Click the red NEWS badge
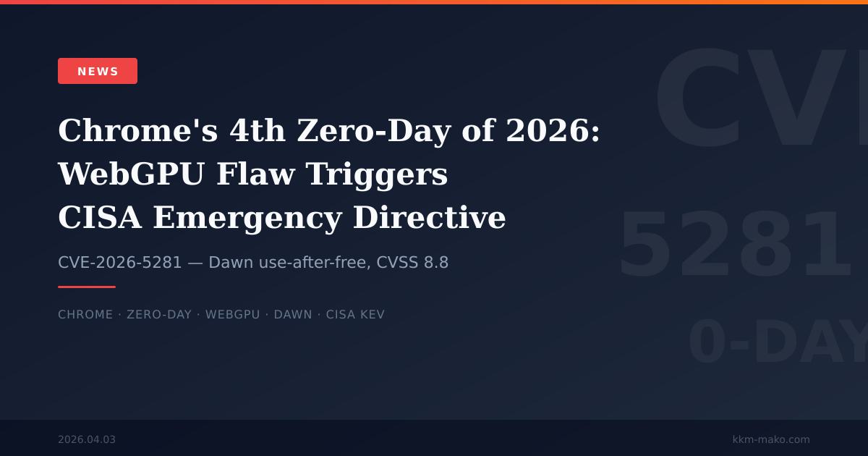click(98, 71)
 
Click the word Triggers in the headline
click(377, 174)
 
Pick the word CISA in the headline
click(99, 218)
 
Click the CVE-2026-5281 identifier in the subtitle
click(120, 263)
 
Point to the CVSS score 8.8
click(435, 263)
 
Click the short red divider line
click(87, 287)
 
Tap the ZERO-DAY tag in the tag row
click(159, 315)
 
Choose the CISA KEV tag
click(355, 315)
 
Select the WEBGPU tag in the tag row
click(232, 315)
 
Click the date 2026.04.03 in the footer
click(87, 439)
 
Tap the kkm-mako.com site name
click(771, 439)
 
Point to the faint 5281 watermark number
click(734, 246)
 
